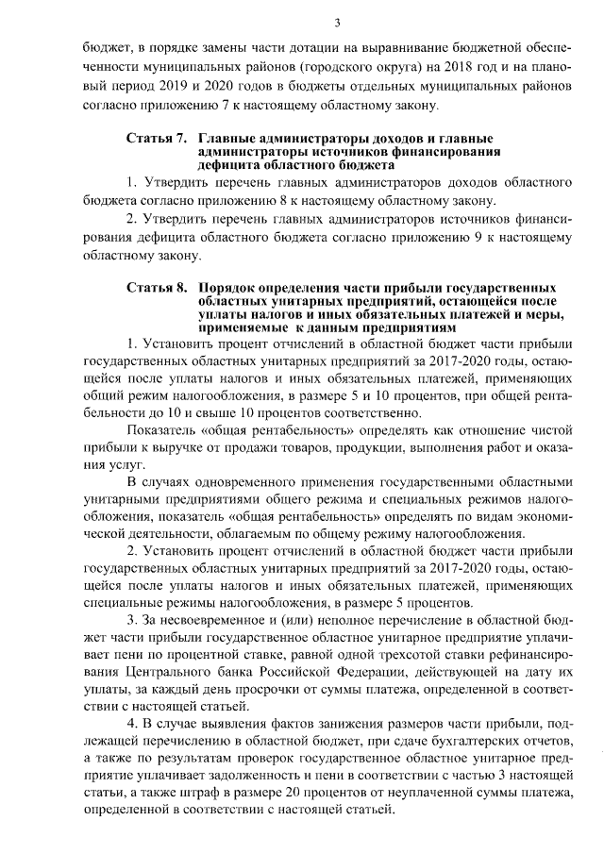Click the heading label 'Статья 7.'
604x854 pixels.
[156, 140]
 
